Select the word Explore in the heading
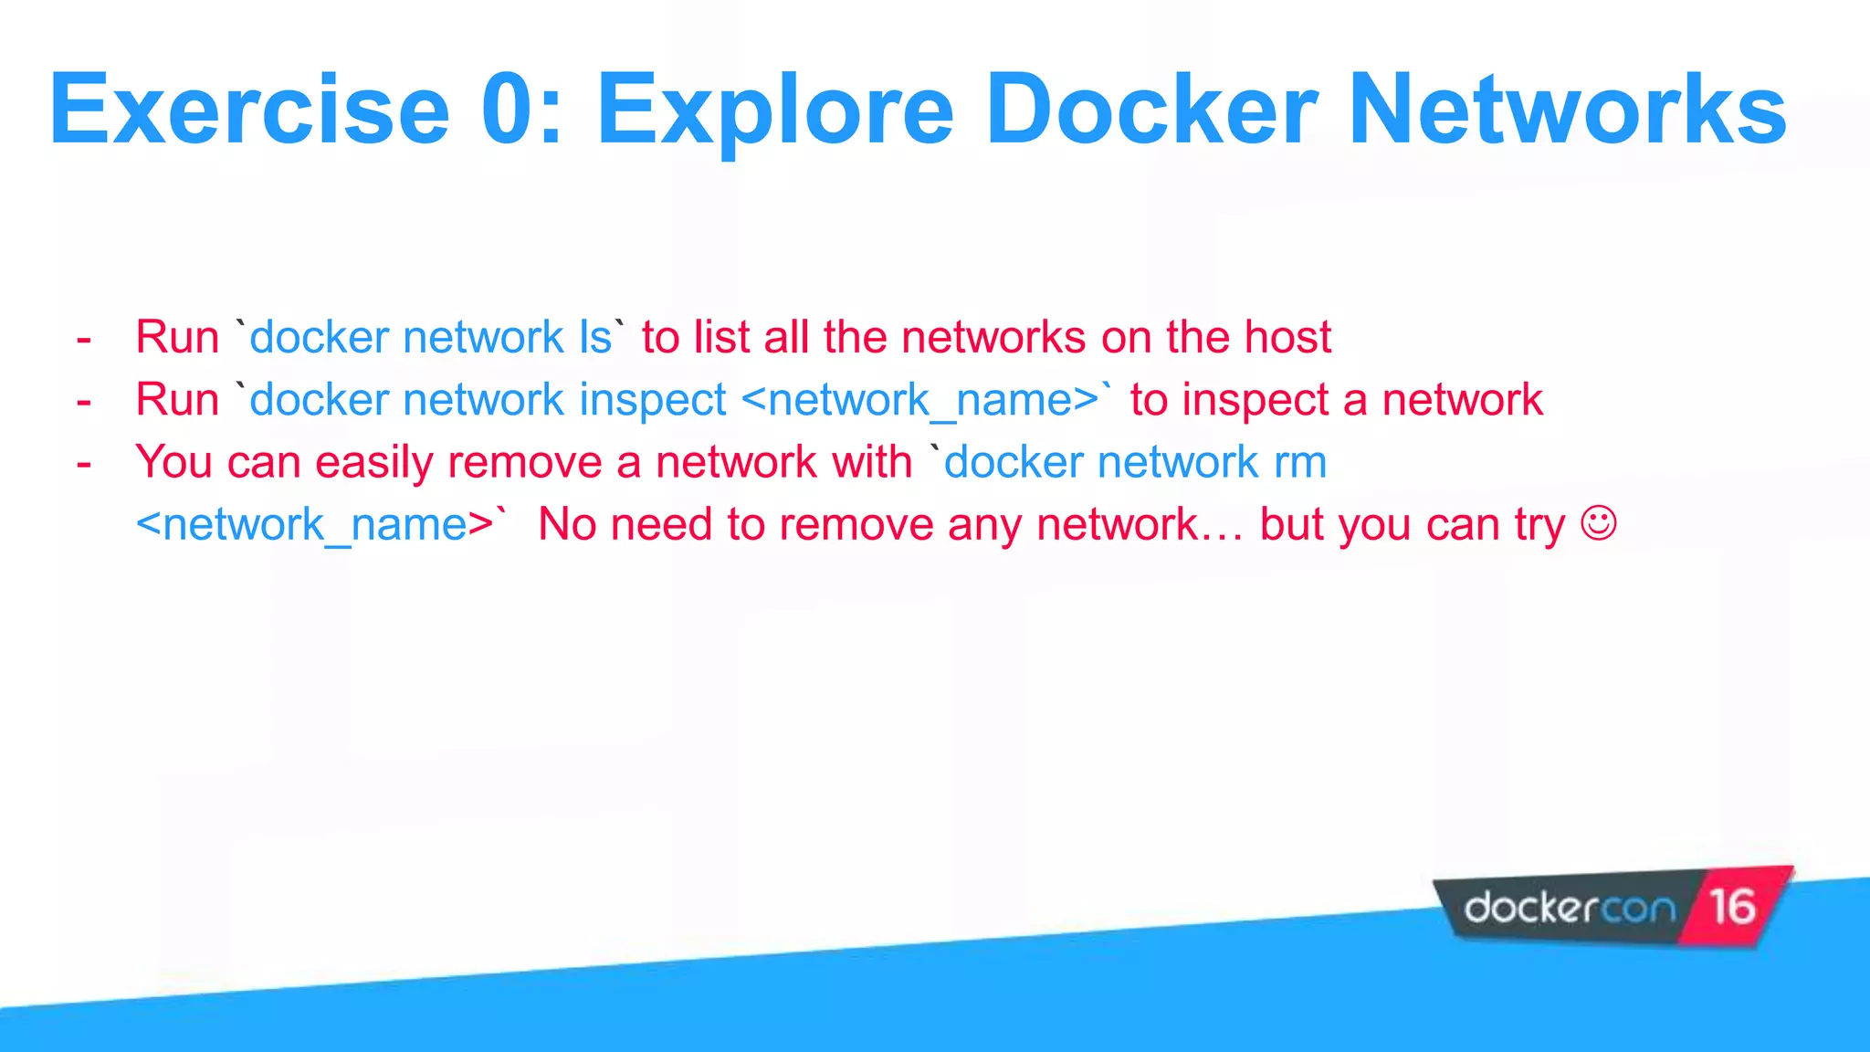(775, 112)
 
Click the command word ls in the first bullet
(595, 337)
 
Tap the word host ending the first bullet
(1288, 337)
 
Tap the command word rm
(1300, 463)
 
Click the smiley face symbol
(1598, 524)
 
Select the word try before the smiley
(1539, 526)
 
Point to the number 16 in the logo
(1732, 907)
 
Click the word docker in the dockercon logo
(1530, 908)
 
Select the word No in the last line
(566, 525)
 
